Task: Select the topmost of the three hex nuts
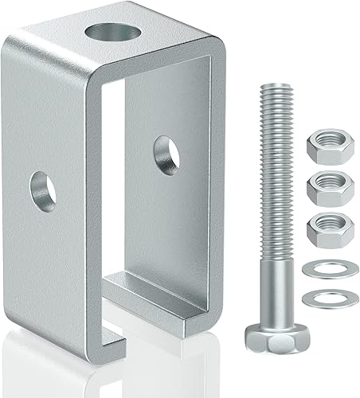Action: tap(322, 145)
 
